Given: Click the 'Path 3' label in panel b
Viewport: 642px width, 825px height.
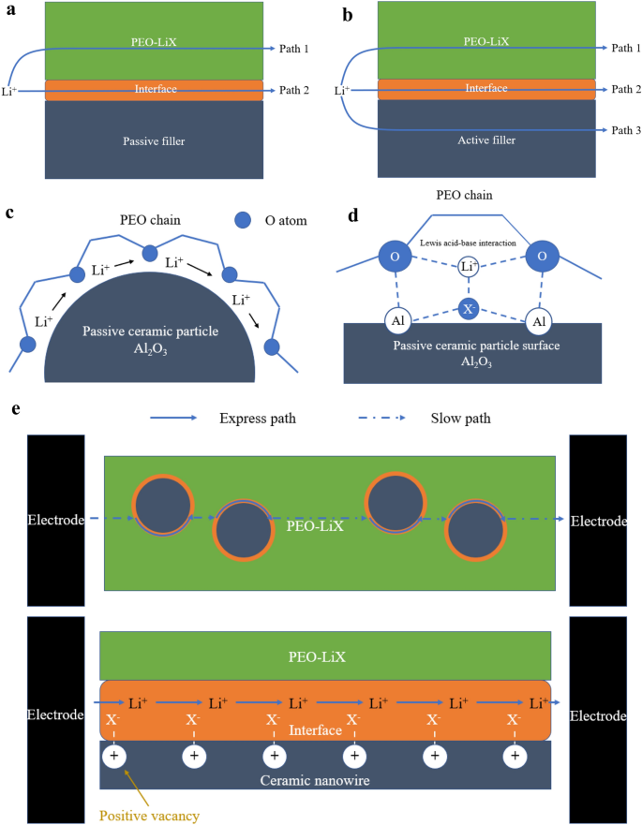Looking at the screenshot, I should [x=624, y=131].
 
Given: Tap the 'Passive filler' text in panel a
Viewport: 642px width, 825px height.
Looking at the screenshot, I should [x=154, y=140].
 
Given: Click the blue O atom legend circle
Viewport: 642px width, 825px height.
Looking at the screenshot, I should [x=243, y=221].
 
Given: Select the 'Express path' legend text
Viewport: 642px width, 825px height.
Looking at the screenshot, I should [x=258, y=418].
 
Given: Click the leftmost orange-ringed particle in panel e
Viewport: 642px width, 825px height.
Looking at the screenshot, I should [x=161, y=505].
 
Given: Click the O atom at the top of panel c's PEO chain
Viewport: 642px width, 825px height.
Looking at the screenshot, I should [x=150, y=254].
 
